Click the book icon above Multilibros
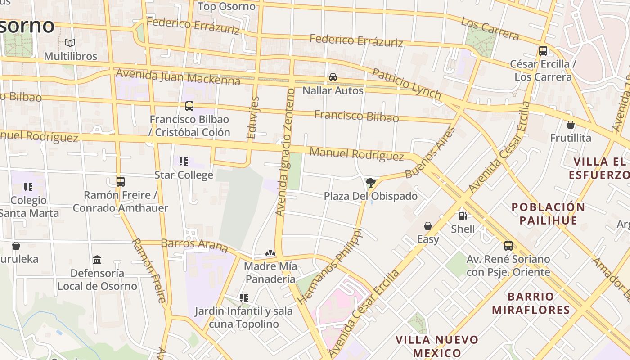tap(70, 43)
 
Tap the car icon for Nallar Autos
tap(333, 77)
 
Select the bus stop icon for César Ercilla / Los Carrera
tap(543, 50)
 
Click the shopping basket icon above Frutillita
tap(571, 124)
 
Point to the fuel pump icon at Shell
tap(463, 216)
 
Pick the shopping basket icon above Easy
tap(428, 225)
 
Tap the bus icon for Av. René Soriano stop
tap(508, 246)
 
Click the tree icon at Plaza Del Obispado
tap(370, 183)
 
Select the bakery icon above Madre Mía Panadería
tap(270, 253)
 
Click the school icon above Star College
tap(183, 161)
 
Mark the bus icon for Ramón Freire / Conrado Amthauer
tap(121, 182)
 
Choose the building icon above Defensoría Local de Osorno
tap(97, 260)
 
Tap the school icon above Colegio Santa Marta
tap(28, 187)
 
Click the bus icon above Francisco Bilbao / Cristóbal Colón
tap(189, 106)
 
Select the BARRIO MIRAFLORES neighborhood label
tap(531, 303)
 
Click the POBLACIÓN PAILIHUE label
tap(548, 214)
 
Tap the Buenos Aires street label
tap(430, 153)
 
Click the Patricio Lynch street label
tap(406, 83)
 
